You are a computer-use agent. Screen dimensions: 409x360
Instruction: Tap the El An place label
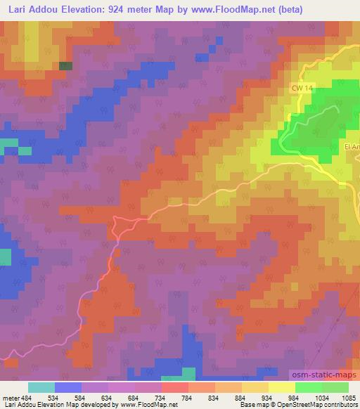(x=351, y=147)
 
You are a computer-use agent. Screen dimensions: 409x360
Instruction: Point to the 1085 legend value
(x=348, y=398)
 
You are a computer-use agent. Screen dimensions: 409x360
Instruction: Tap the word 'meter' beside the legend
(x=11, y=398)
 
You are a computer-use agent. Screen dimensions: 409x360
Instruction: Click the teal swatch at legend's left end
(x=41, y=387)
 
